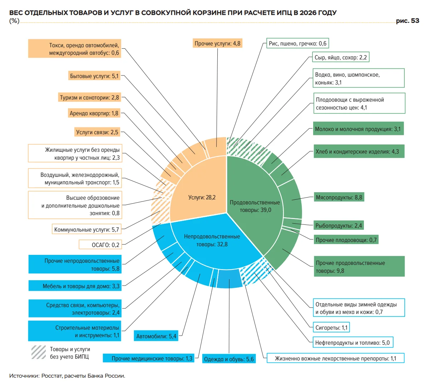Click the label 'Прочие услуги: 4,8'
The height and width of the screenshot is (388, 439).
217,43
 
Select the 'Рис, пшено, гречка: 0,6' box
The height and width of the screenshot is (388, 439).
297,43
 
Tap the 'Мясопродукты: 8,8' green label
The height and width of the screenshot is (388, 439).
339,197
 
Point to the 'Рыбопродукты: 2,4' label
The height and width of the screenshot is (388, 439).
339,225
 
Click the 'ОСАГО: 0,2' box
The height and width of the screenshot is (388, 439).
100,245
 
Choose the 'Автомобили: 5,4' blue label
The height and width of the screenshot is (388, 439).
156,336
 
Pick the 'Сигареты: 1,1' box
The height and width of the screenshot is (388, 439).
331,328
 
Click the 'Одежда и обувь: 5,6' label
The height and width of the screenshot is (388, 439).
229,359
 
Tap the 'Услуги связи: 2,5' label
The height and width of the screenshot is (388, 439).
97,132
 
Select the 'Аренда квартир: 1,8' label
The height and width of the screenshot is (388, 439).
94,113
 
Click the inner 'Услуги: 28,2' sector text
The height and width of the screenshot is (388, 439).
202,197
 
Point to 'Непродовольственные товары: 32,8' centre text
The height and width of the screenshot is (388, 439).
212,241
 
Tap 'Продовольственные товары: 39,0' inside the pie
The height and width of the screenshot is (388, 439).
255,206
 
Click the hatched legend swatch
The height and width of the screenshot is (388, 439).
39,352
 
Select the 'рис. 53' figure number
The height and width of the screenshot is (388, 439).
408,21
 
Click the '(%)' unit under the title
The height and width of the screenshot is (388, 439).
14,21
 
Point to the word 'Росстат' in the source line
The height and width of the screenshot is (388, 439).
51,375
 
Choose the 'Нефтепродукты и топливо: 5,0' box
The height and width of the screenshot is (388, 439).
353,343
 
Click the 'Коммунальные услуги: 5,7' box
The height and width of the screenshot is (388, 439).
87,229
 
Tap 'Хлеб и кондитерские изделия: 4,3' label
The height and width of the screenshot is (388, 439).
359,151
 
